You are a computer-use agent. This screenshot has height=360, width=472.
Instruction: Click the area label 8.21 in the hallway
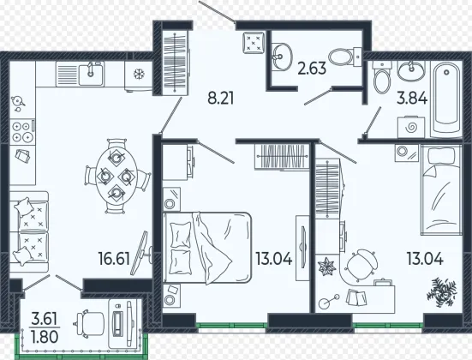[221, 99]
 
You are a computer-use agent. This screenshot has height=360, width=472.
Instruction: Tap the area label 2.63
[312, 68]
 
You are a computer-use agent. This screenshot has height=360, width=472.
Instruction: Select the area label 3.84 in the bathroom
[412, 98]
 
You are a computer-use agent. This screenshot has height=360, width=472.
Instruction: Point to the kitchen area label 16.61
[115, 259]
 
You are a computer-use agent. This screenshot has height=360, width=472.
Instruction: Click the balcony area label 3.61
[45, 320]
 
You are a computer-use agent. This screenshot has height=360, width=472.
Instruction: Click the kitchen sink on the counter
[91, 75]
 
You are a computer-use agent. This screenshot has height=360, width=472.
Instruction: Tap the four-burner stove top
[22, 131]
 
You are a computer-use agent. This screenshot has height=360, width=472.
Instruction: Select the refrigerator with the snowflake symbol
[139, 75]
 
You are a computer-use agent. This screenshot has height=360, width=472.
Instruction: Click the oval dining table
[117, 177]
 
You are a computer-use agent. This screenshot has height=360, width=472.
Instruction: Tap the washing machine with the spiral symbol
[411, 128]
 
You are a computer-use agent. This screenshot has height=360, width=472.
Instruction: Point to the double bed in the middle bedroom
[206, 248]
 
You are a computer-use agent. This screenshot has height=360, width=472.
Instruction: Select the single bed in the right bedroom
[441, 189]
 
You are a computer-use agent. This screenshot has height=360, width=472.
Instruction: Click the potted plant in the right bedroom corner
[441, 292]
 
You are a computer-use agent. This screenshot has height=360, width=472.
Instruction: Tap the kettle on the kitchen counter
[17, 103]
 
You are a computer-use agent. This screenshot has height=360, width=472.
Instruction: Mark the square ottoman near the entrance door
[254, 43]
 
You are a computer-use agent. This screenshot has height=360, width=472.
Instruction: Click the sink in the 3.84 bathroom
[410, 70]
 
